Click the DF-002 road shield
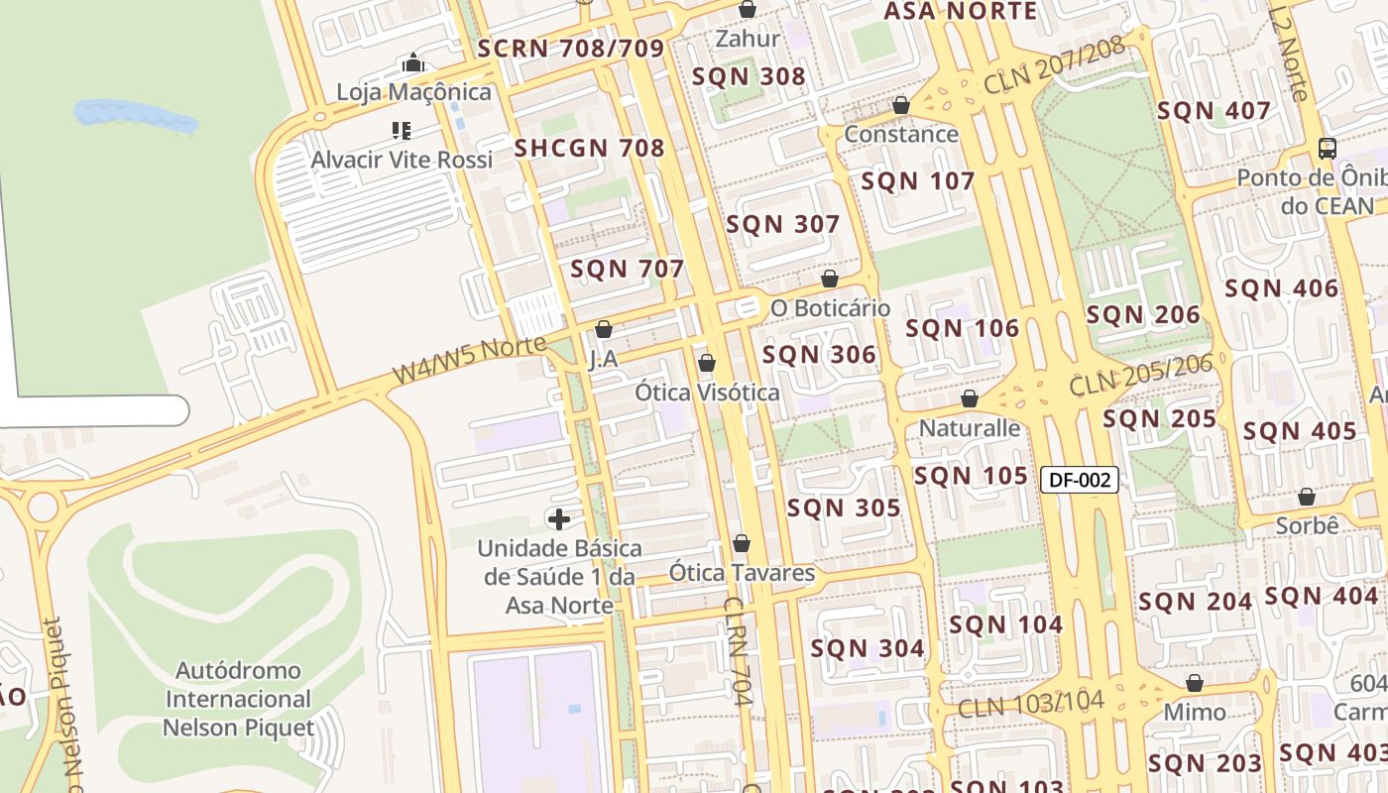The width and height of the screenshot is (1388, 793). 1080,481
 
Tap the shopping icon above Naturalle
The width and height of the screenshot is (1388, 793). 970,399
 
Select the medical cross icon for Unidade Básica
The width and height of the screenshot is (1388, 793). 559,518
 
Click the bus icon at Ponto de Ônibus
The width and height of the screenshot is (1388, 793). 1328,149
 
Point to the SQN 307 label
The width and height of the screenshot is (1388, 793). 783,225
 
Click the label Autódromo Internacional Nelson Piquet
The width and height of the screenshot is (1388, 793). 238,700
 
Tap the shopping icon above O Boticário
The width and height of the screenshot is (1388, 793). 830,280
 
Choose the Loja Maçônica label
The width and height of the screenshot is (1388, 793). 413,92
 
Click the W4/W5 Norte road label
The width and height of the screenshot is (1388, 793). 469,360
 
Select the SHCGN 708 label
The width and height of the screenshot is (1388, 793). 589,149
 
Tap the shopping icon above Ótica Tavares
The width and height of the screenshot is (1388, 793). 742,544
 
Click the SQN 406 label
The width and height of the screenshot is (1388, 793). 1281,289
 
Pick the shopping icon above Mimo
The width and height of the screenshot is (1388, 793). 1195,684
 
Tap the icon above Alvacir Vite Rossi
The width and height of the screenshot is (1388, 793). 402,131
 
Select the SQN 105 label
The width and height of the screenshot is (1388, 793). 971,477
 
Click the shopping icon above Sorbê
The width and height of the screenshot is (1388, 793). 1307,498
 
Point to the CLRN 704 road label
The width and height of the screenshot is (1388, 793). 740,650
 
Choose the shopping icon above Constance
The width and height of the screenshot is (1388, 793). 901,105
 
